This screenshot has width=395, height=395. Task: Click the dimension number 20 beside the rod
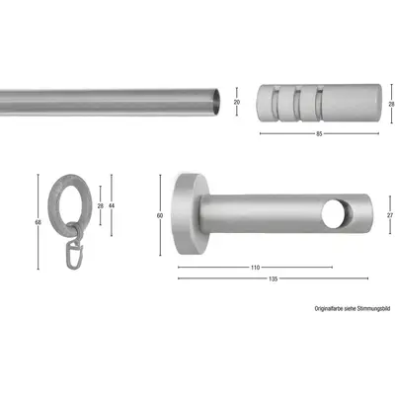(x=236, y=101)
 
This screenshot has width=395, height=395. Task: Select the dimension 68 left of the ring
(x=38, y=223)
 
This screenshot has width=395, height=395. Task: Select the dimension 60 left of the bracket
(x=158, y=214)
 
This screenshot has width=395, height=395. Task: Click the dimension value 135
(x=273, y=279)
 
